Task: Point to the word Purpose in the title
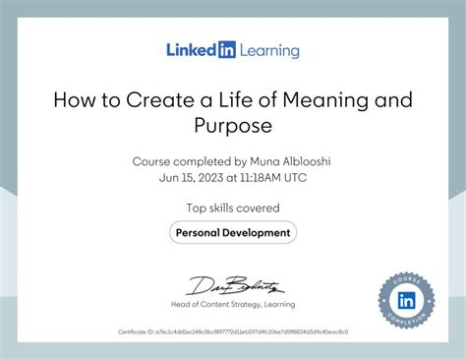233,127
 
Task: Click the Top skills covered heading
233,208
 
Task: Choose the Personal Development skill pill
233,232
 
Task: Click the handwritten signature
234,284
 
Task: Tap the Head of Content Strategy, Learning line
233,304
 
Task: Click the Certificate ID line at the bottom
233,331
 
